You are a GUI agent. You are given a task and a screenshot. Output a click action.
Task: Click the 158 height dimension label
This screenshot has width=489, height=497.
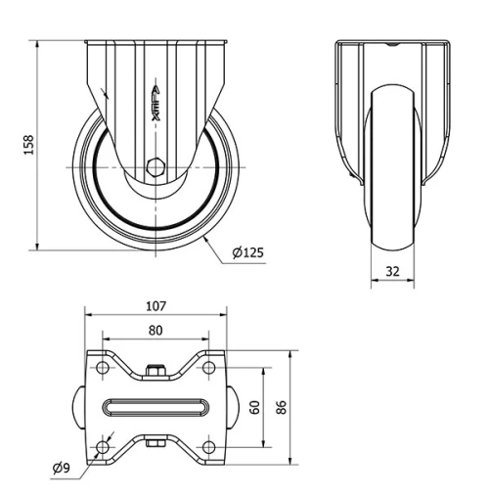coord(29,144)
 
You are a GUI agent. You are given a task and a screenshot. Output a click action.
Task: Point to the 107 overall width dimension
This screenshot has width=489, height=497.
coord(156,306)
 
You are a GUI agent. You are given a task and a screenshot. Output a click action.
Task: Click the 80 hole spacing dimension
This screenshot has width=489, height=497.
coord(156,331)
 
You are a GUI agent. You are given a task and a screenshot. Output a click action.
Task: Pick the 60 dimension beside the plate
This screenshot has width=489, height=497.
coord(255,407)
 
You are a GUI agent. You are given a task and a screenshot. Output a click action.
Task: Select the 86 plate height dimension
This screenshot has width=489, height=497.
coord(282,407)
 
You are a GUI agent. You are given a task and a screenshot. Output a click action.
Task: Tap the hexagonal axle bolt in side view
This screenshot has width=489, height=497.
coord(156,166)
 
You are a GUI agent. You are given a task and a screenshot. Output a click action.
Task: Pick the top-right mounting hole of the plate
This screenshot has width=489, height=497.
coord(207,368)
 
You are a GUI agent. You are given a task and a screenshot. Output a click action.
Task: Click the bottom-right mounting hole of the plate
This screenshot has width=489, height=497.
coord(207,447)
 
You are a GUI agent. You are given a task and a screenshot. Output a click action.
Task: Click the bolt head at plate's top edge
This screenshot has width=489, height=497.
coord(156,371)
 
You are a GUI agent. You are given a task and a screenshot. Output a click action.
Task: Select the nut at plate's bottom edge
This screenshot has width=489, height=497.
coord(156,446)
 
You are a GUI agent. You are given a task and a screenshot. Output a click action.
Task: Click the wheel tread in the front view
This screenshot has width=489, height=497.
coord(391,176)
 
